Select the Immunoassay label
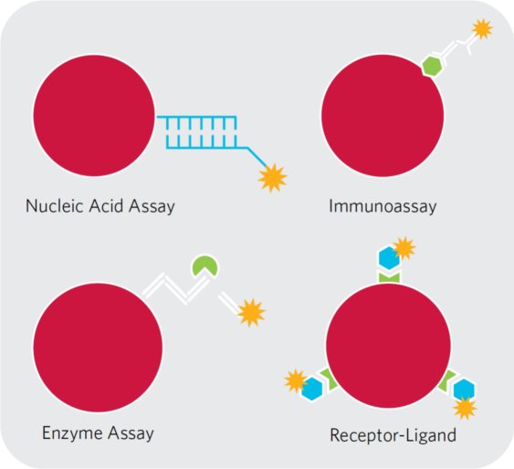383,207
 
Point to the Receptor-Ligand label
393,435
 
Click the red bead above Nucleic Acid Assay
94,115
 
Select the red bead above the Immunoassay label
383,116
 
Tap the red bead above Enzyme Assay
98,348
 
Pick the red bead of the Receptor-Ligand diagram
388,346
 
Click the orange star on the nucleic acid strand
272,178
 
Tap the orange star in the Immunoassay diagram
482,29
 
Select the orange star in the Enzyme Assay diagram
251,313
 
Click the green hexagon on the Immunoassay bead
432,66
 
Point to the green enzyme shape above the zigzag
205,266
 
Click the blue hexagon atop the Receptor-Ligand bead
389,258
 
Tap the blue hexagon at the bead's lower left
312,389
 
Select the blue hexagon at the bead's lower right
464,390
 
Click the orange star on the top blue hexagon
404,248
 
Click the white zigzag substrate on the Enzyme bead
175,288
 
